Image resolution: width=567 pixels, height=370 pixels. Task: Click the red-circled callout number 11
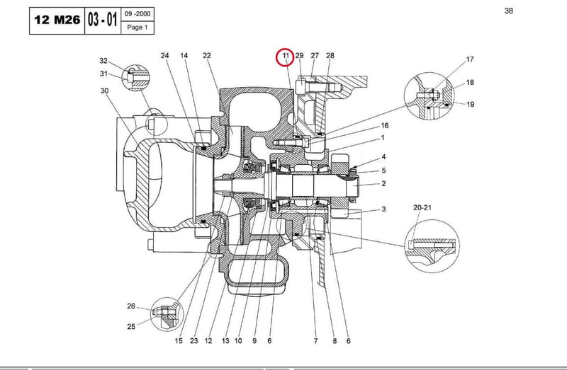tap(286, 56)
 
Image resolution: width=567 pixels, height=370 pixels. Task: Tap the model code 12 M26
tap(57, 21)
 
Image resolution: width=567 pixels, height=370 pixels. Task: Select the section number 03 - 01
tap(102, 20)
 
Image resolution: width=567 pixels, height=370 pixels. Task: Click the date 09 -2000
tap(137, 14)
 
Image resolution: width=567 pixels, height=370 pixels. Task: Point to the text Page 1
tap(137, 28)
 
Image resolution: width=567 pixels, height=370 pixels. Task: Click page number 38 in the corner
tap(508, 11)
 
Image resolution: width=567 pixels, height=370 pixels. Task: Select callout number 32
tap(103, 61)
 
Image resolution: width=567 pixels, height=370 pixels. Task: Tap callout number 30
tap(104, 91)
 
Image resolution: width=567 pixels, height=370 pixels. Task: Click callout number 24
tap(164, 56)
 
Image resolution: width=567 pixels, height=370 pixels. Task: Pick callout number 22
tap(206, 56)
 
